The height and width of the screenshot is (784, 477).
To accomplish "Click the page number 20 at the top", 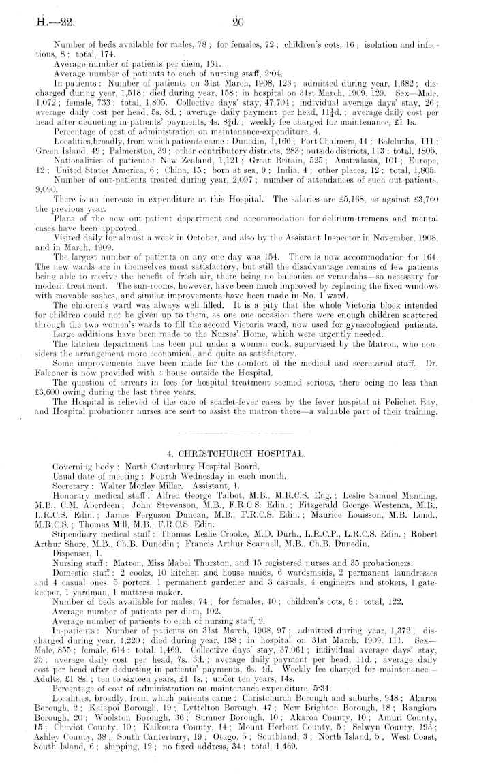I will tap(238, 22).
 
